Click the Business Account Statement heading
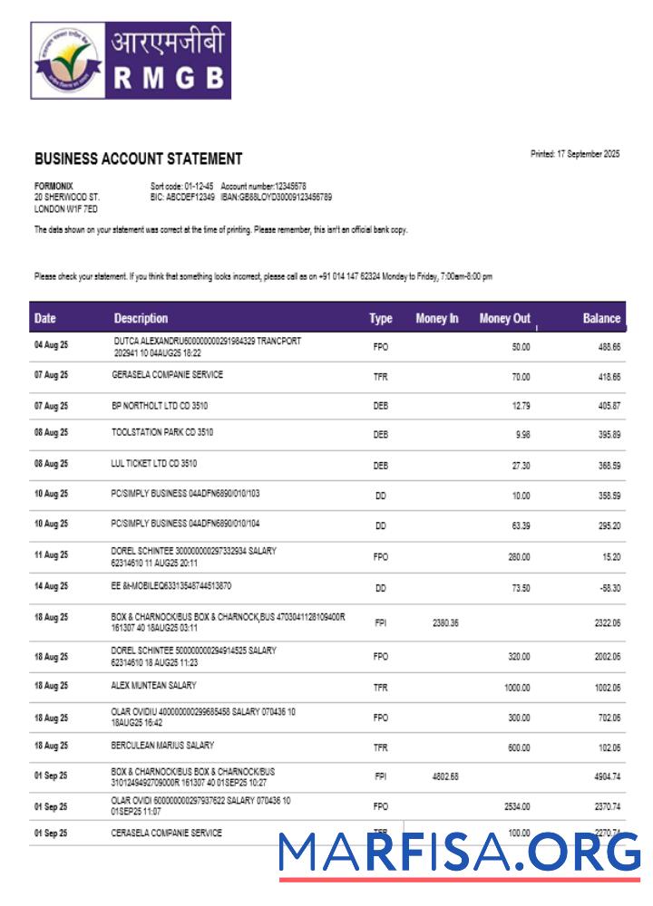(x=138, y=159)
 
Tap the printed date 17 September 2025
(x=575, y=154)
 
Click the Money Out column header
(x=504, y=318)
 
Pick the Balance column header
(x=601, y=318)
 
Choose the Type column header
(x=380, y=318)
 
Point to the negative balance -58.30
(x=608, y=588)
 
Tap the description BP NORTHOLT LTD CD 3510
(x=160, y=406)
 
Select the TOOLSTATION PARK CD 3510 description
(x=162, y=433)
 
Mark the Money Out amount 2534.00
(x=516, y=805)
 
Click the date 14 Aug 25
(x=51, y=587)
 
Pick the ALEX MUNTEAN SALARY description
(x=153, y=686)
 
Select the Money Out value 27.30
(x=521, y=466)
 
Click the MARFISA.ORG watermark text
(x=459, y=853)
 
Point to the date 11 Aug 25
(x=51, y=554)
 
